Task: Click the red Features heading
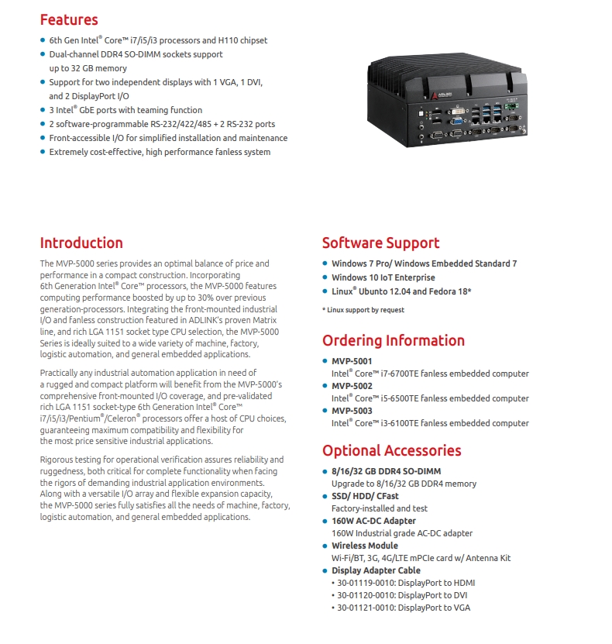pos(69,19)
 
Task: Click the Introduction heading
pos(81,243)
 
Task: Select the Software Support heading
pos(380,243)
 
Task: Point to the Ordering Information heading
pos(394,340)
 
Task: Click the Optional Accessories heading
pos(391,450)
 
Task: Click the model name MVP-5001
pos(352,361)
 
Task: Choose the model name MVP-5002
pos(352,386)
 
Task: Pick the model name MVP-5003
pos(352,410)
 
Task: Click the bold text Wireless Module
pos(365,546)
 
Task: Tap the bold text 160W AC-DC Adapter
pos(373,521)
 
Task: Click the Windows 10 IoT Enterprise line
pos(383,277)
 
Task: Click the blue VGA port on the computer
pos(457,121)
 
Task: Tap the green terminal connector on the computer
pos(511,106)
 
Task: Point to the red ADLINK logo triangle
pos(434,96)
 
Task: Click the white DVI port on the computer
pos(456,112)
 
